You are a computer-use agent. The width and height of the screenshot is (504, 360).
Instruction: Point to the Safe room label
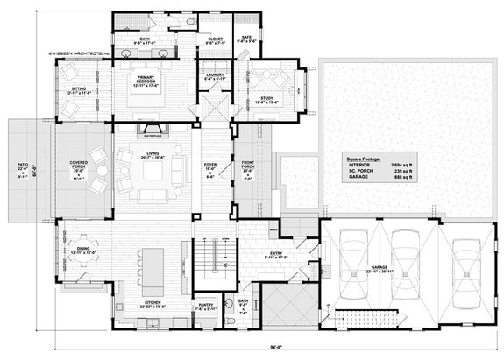coord(246,39)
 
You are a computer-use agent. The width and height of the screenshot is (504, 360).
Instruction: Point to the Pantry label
coord(205,307)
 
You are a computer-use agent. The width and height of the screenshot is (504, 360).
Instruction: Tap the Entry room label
coord(277,255)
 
